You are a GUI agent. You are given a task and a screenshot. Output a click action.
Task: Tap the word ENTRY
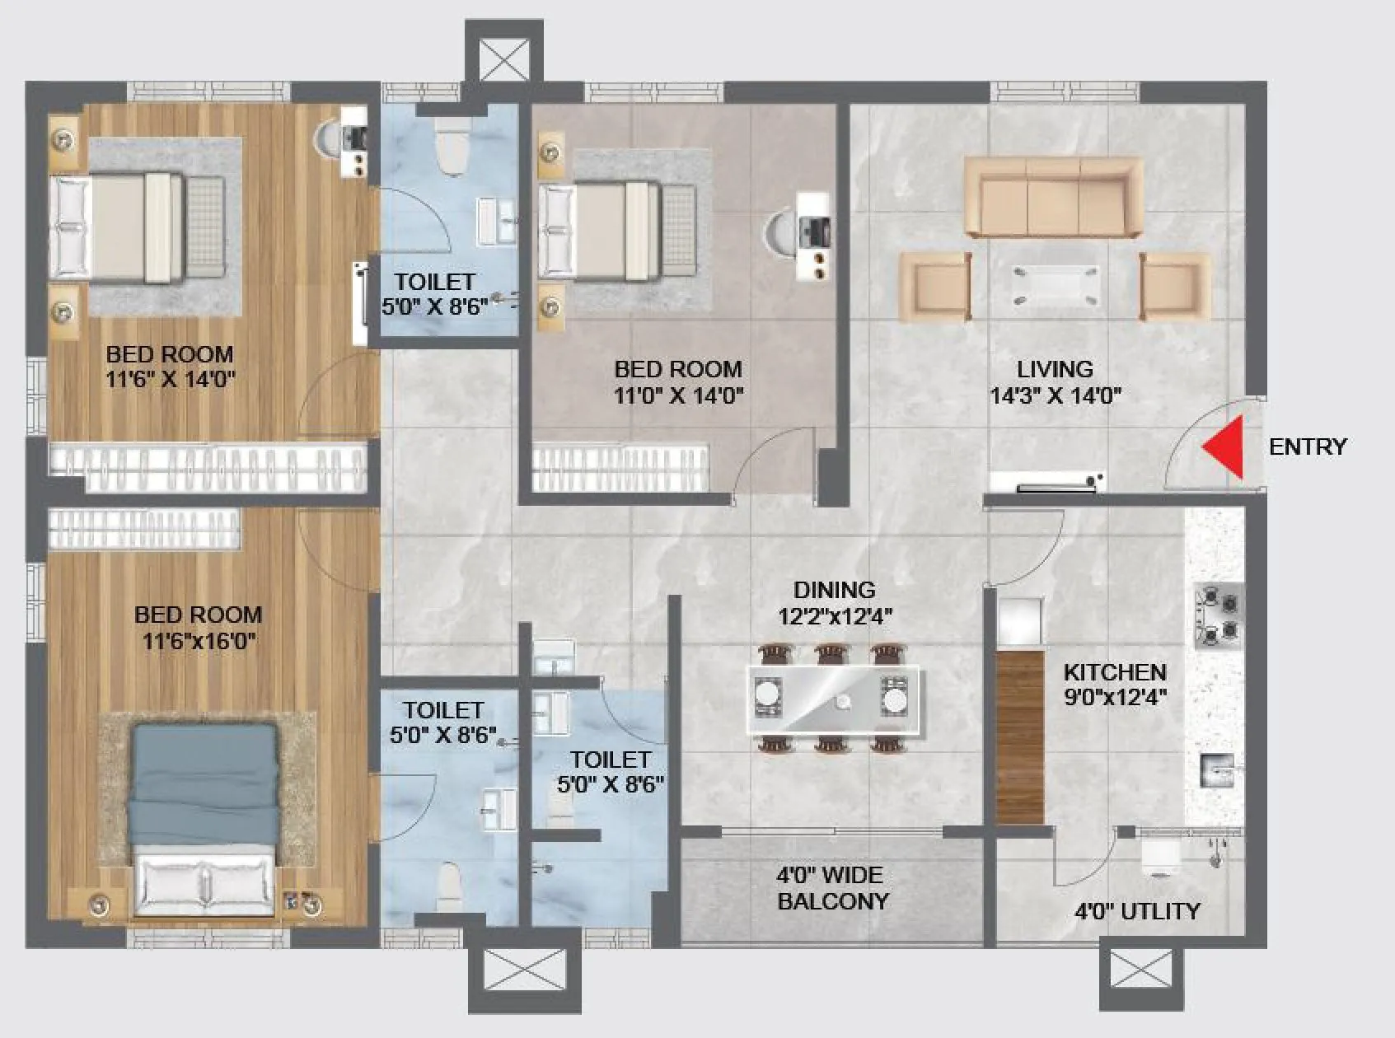pos(1307,447)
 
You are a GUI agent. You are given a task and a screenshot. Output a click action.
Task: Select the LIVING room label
pos(1055,370)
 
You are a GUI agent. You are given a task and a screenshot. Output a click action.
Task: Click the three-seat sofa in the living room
pos(1054,199)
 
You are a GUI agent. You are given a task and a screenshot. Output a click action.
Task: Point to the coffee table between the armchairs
pos(1056,285)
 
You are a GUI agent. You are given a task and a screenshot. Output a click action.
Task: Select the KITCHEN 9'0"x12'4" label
pos(1114,685)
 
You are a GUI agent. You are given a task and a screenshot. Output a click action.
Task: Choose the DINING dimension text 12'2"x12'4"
pos(835,616)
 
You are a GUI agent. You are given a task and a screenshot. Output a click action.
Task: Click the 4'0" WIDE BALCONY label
pos(832,888)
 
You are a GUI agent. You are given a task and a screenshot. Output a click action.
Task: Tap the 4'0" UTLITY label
pos(1137,911)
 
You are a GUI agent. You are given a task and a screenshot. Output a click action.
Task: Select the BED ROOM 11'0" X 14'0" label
pos(678,382)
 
